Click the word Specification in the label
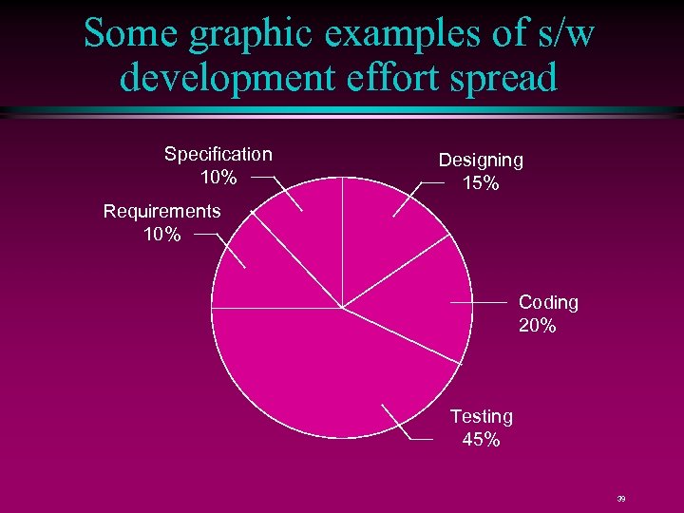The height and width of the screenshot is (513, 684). [x=218, y=154]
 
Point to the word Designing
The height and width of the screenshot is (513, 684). [x=481, y=161]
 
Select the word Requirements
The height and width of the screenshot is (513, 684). [x=161, y=211]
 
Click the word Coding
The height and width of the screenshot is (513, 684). [x=548, y=302]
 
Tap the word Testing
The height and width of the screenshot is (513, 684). [x=481, y=416]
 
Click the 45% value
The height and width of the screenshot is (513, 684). [x=481, y=440]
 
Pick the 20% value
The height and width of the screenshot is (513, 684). [x=538, y=326]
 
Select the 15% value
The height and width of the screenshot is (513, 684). [x=481, y=184]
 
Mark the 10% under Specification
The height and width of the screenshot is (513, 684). [x=218, y=178]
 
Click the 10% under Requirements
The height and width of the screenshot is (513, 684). [x=161, y=235]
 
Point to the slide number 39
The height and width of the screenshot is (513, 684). [x=620, y=498]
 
